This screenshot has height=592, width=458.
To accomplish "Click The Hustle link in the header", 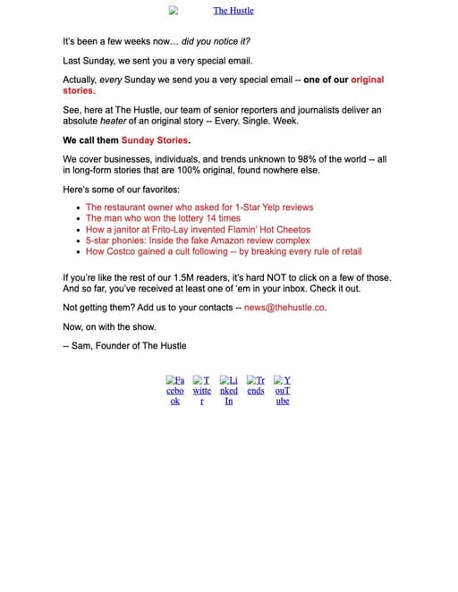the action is [x=233, y=11].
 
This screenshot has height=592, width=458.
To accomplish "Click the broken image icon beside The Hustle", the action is [x=174, y=11].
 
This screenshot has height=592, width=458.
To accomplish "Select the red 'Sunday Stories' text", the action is [x=155, y=140].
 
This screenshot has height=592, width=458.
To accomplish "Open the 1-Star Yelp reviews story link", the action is [x=199, y=207].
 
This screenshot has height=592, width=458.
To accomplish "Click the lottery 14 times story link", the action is [x=163, y=218].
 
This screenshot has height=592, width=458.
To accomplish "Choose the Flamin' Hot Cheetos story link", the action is [x=198, y=230].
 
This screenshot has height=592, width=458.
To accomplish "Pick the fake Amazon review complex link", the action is [x=198, y=241].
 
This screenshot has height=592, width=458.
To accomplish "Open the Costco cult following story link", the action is [x=224, y=252].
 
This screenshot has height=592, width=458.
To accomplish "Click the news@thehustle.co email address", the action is [x=284, y=308].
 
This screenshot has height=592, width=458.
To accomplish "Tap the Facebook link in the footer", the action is [x=175, y=390].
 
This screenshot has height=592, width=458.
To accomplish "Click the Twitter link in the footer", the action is [x=202, y=390].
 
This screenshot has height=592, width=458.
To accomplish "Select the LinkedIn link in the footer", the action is [x=229, y=390].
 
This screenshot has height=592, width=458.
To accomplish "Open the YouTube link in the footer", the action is [x=283, y=390].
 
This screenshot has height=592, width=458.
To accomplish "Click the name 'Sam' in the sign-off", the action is [x=84, y=345].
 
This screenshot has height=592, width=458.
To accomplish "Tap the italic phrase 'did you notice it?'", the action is [x=216, y=42].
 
